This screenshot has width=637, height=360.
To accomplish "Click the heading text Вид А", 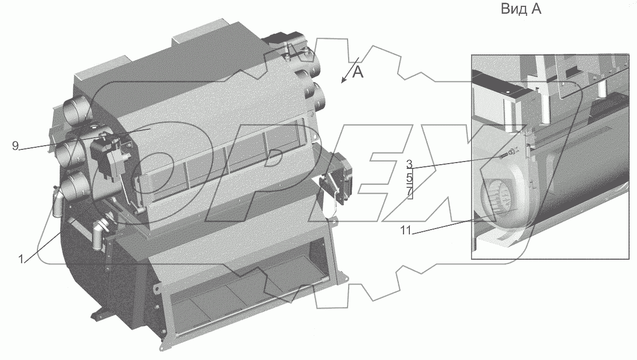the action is [x=521, y=9].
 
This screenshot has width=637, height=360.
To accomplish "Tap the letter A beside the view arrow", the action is [x=358, y=72].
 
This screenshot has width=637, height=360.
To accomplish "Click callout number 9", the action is [x=15, y=146].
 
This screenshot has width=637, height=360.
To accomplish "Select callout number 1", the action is [x=21, y=259].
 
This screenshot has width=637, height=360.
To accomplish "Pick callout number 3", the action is [x=409, y=164].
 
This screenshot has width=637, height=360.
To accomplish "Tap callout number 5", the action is [x=409, y=178].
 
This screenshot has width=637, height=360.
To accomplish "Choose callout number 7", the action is [x=409, y=192].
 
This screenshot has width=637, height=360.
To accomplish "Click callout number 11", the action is [x=406, y=230].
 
